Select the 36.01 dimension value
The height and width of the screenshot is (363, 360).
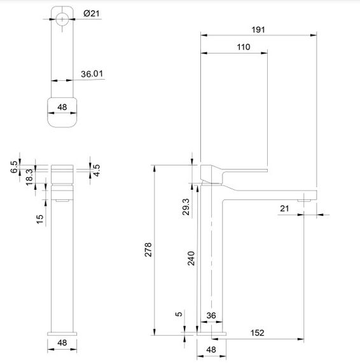(x=92, y=74)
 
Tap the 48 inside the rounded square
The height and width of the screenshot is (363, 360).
(x=62, y=107)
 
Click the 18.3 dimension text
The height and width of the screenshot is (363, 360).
(x=30, y=176)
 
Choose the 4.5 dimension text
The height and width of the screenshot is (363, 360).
(x=96, y=170)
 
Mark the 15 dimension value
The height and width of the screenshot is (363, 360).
(x=39, y=218)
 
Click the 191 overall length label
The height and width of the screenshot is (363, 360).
(x=258, y=29)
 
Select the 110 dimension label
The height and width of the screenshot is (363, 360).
(x=243, y=47)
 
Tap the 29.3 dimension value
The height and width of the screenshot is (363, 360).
(x=185, y=208)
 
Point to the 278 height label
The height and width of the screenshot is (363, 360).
(x=148, y=249)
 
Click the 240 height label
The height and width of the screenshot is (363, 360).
(x=190, y=257)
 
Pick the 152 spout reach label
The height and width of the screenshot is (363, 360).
(x=257, y=332)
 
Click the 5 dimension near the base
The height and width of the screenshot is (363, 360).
(x=180, y=314)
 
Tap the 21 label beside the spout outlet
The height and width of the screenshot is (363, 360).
(x=284, y=208)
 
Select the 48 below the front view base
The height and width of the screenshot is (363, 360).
(x=62, y=343)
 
